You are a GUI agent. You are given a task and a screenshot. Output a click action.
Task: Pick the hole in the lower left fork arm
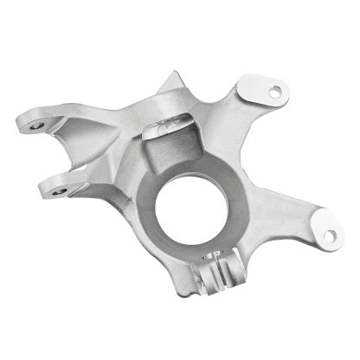click(x=58, y=190)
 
